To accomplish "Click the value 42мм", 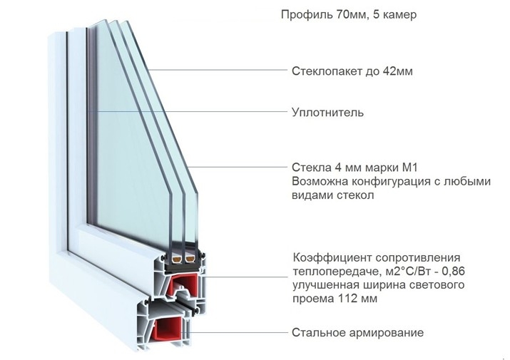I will [x=397, y=71].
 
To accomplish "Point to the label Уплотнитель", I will [x=328, y=112].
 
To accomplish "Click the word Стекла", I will [x=310, y=168].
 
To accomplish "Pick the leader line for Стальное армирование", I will [x=243, y=333].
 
